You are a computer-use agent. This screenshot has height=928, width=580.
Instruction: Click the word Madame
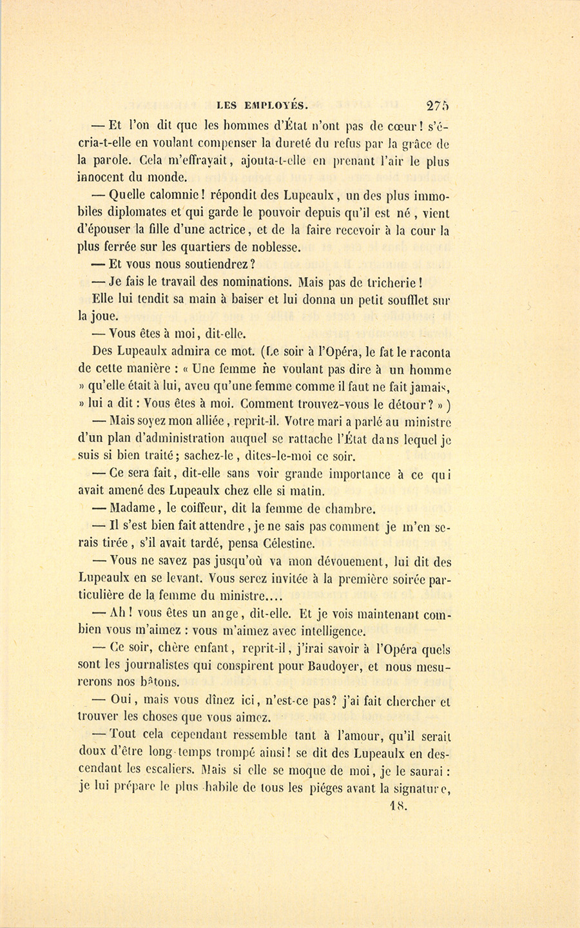click(x=137, y=509)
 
